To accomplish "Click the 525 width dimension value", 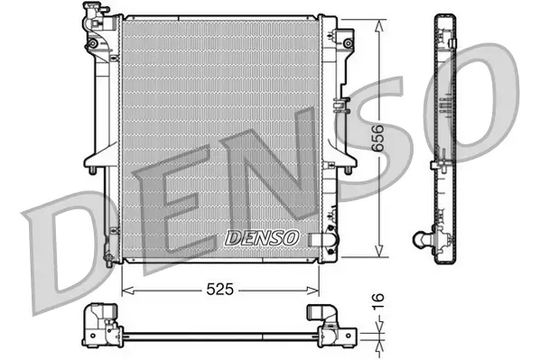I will (x=219, y=291).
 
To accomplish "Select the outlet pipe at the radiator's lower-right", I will (x=319, y=240).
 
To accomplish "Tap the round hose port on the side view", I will (x=420, y=239).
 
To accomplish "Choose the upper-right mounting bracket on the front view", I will (x=344, y=41).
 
